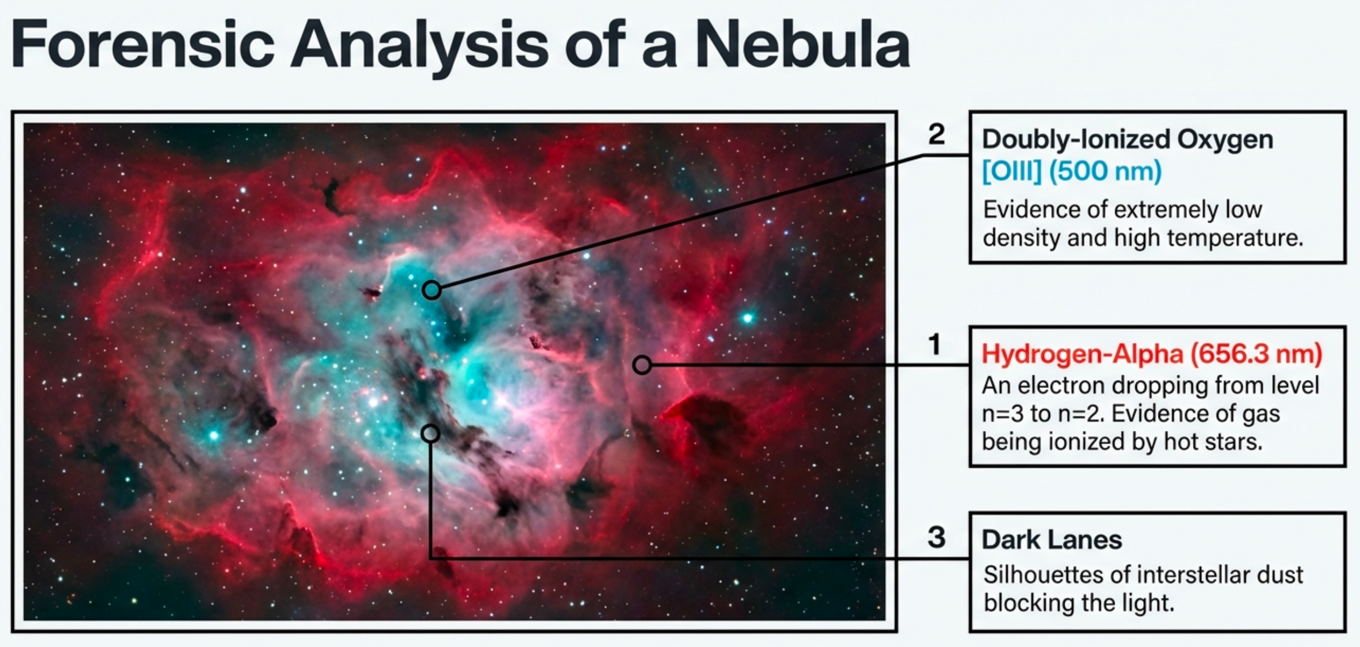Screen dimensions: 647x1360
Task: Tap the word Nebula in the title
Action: click(x=803, y=44)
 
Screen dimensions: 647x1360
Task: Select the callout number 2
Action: click(x=936, y=134)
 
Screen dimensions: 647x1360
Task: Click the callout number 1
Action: click(x=934, y=345)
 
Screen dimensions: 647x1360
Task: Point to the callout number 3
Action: click(x=936, y=538)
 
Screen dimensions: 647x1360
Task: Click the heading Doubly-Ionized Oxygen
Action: click(x=1127, y=140)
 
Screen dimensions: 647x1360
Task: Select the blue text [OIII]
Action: click(x=1012, y=171)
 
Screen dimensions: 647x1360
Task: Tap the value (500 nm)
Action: click(x=1105, y=171)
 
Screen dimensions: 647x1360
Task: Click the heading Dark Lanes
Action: click(x=1052, y=540)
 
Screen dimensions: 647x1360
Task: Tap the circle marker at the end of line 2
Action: click(x=432, y=290)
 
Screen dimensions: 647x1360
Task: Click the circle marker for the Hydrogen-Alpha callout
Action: click(x=642, y=365)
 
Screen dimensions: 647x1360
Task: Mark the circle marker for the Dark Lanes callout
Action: click(x=430, y=434)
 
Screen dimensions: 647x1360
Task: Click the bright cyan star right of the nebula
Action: click(x=747, y=318)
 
